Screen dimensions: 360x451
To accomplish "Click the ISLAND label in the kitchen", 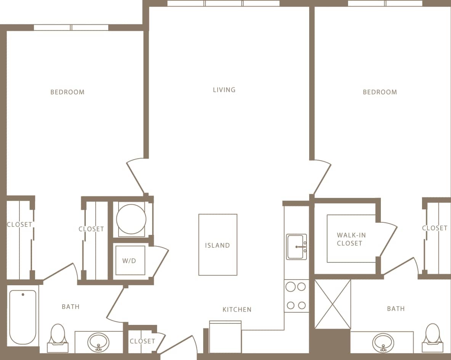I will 217,245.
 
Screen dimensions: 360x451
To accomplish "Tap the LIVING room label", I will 224,90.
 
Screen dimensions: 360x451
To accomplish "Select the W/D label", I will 130,261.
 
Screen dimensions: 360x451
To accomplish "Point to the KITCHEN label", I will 237,309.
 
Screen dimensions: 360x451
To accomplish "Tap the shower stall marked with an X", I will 332,304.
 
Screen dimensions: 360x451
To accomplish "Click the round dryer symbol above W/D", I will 131,219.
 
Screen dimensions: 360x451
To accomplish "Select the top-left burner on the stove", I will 291,287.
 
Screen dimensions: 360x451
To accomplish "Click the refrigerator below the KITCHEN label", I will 225,337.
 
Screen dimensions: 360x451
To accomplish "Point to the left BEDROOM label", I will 67,92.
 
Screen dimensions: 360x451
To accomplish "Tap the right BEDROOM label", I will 380,92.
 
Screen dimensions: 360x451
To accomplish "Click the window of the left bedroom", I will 71,27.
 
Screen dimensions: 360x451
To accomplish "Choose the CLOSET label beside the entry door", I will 142,341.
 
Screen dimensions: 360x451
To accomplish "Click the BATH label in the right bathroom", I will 396,309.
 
